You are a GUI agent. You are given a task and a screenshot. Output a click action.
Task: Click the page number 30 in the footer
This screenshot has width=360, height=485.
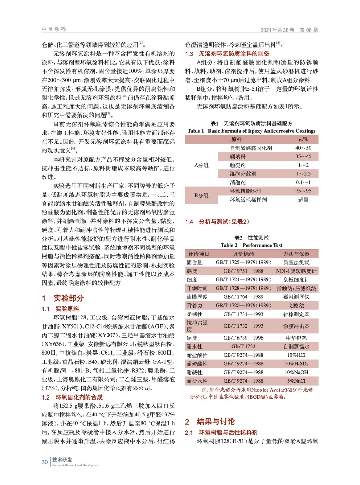(45, 462)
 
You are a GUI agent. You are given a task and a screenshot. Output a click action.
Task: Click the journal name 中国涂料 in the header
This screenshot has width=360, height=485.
(54, 29)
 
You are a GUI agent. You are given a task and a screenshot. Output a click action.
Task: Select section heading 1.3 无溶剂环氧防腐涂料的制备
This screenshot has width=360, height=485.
(227, 54)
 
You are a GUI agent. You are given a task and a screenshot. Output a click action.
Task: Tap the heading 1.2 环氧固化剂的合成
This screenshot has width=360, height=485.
(72, 397)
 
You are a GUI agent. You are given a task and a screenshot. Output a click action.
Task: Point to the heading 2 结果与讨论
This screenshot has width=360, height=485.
(210, 421)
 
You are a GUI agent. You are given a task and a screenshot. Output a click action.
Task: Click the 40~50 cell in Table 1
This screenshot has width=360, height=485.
(303, 148)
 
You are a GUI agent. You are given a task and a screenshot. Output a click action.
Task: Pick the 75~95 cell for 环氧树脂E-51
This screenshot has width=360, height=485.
(303, 191)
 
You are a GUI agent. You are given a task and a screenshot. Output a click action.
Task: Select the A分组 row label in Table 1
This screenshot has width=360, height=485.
(201, 165)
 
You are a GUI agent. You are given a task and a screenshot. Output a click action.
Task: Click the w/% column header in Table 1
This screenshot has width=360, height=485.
(303, 139)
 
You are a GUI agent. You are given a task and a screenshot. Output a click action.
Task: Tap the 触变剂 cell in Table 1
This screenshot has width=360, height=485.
(238, 165)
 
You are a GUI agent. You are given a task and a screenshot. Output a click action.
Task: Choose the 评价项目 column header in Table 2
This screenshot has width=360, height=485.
(199, 254)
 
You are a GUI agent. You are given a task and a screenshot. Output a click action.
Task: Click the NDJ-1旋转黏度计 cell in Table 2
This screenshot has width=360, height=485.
(296, 271)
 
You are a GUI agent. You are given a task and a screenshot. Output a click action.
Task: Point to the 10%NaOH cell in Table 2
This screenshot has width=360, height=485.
(296, 372)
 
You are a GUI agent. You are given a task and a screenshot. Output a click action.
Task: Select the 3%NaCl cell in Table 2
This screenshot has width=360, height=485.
(296, 381)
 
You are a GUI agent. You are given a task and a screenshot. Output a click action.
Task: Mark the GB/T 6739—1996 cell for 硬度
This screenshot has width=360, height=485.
(243, 338)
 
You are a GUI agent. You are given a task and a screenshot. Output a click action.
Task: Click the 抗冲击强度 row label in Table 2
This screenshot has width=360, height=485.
(197, 326)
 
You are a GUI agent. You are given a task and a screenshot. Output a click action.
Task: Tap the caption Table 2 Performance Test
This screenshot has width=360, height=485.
(251, 245)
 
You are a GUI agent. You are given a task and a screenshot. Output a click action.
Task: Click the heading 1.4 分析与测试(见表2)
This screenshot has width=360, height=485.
(217, 222)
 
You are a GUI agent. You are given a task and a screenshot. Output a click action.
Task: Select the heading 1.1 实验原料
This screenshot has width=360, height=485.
(60, 309)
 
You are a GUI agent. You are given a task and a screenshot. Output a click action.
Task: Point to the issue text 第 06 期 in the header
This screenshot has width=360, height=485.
(309, 30)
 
